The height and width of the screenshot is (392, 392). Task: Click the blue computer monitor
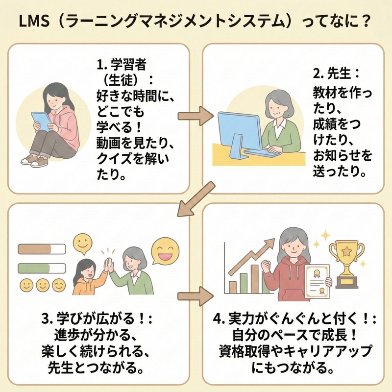pyautogui.click(x=239, y=128)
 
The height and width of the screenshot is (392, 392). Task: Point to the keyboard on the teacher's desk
pyautogui.click(x=263, y=152)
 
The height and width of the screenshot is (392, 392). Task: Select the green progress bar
pyautogui.click(x=41, y=268)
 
